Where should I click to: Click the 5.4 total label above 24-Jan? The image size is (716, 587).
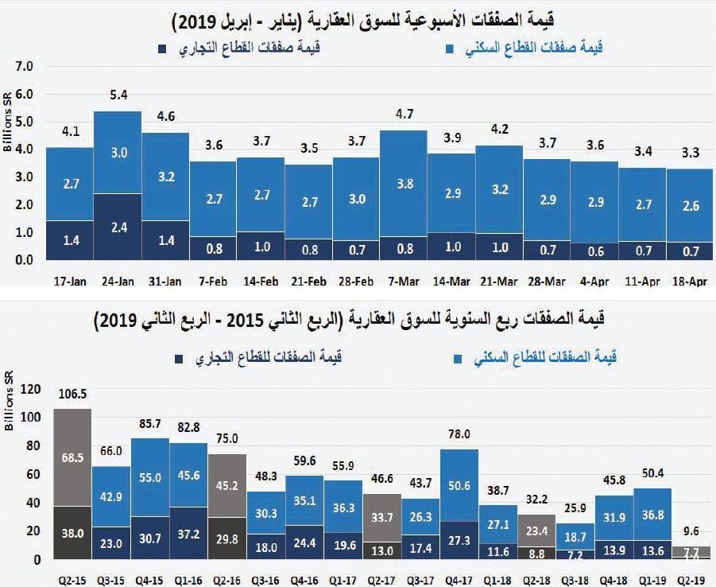tap(118, 95)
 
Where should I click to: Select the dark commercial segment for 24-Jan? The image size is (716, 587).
tap(118, 227)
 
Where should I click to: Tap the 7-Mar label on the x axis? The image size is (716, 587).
tap(404, 281)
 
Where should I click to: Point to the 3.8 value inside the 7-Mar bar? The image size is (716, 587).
tap(404, 184)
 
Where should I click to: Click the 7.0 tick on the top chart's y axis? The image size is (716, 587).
tap(25, 66)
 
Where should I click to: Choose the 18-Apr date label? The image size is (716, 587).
tap(689, 281)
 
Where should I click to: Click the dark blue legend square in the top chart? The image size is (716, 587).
tap(162, 49)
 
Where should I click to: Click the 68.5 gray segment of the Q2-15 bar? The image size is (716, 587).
tap(72, 459)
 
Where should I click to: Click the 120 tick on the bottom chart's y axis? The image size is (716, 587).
tap(29, 390)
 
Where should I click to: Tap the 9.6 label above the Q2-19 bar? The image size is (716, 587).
tap(690, 531)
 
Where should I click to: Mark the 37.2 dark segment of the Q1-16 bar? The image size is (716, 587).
tap(188, 534)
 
